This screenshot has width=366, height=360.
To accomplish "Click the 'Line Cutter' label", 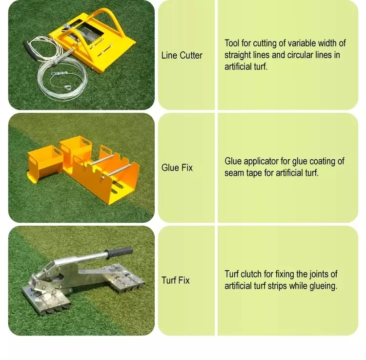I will point(182,55).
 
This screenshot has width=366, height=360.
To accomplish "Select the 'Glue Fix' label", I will point(177,168).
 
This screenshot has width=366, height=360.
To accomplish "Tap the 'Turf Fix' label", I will point(175,280).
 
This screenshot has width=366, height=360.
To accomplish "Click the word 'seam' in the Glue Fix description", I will point(233,173).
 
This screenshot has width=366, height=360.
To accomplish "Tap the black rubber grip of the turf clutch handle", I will point(120,252).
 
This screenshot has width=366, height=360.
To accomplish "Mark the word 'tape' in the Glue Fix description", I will point(253,173).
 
